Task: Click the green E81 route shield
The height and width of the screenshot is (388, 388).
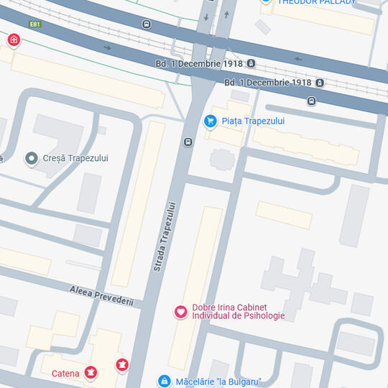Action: click(x=34, y=24)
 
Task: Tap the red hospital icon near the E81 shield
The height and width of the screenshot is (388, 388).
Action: click(x=13, y=40)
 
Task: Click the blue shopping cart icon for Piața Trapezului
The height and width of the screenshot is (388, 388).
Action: click(x=211, y=121)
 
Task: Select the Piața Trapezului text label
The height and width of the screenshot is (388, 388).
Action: click(x=253, y=121)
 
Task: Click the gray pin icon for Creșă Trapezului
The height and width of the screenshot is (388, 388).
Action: click(x=31, y=158)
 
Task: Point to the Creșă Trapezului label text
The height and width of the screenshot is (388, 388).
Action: click(x=75, y=158)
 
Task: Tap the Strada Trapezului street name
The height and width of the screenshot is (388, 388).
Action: click(x=165, y=236)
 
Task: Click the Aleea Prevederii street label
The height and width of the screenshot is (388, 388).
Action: click(x=101, y=295)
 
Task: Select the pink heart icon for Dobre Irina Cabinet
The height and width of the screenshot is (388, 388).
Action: click(x=181, y=312)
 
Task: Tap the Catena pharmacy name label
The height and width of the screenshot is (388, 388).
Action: click(x=65, y=374)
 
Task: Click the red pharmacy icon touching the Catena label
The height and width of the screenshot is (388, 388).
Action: click(x=91, y=372)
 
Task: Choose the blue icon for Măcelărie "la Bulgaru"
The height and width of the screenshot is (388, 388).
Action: click(x=164, y=381)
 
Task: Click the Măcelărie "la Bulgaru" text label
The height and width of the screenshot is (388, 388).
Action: click(x=218, y=382)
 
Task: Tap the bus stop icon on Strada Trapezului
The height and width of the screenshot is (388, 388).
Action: click(x=188, y=142)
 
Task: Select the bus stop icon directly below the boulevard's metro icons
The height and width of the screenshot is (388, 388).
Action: click(x=311, y=101)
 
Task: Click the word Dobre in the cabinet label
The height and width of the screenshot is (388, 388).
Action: click(x=204, y=307)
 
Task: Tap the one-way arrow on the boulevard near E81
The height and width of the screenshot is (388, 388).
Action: click(x=108, y=48)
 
